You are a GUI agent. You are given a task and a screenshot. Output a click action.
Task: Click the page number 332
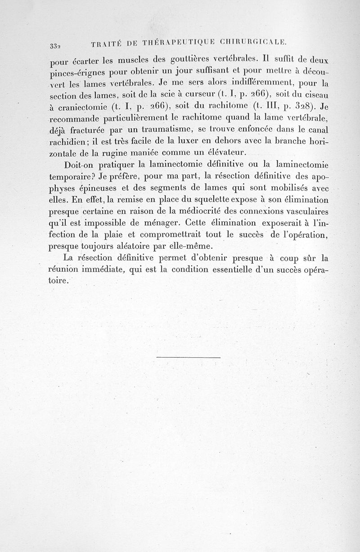click(x=55, y=45)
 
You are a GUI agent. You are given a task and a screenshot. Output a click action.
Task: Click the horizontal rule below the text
click(x=189, y=358)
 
